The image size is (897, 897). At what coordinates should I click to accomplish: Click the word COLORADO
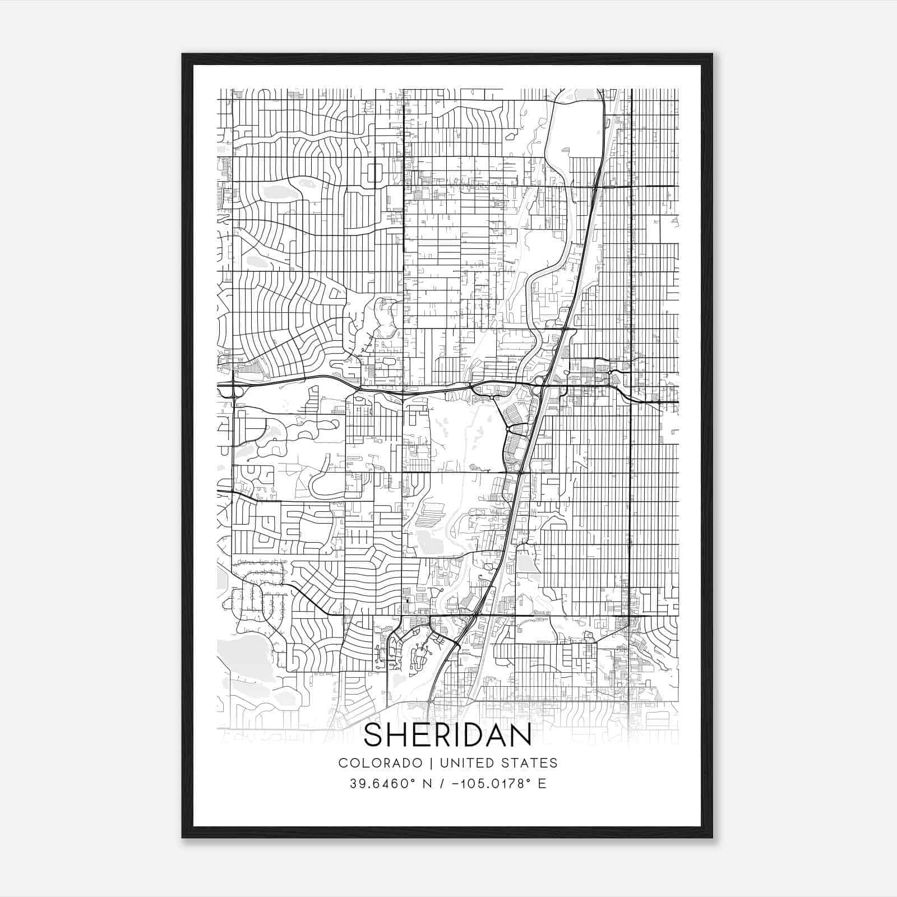(x=381, y=762)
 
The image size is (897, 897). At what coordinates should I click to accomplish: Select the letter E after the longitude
(x=542, y=783)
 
